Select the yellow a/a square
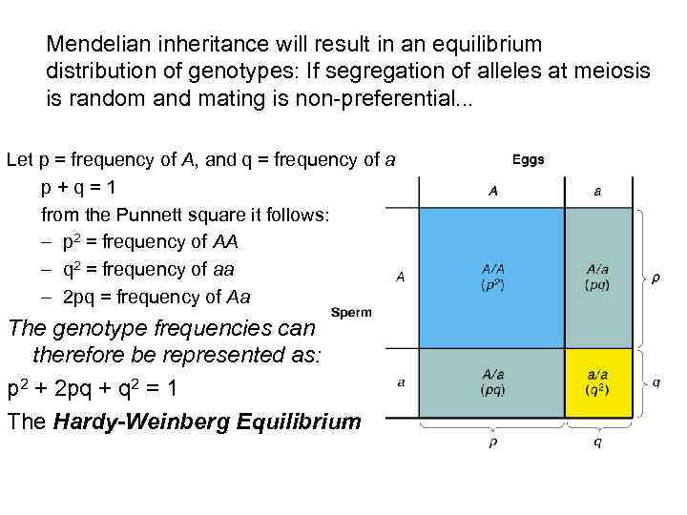click(598, 382)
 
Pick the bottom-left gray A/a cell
click(491, 382)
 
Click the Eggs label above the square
click(529, 159)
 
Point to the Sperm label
click(351, 312)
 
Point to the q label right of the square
click(656, 382)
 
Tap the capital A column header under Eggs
click(492, 191)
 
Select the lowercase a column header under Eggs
click(597, 191)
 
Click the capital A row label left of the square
click(401, 278)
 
